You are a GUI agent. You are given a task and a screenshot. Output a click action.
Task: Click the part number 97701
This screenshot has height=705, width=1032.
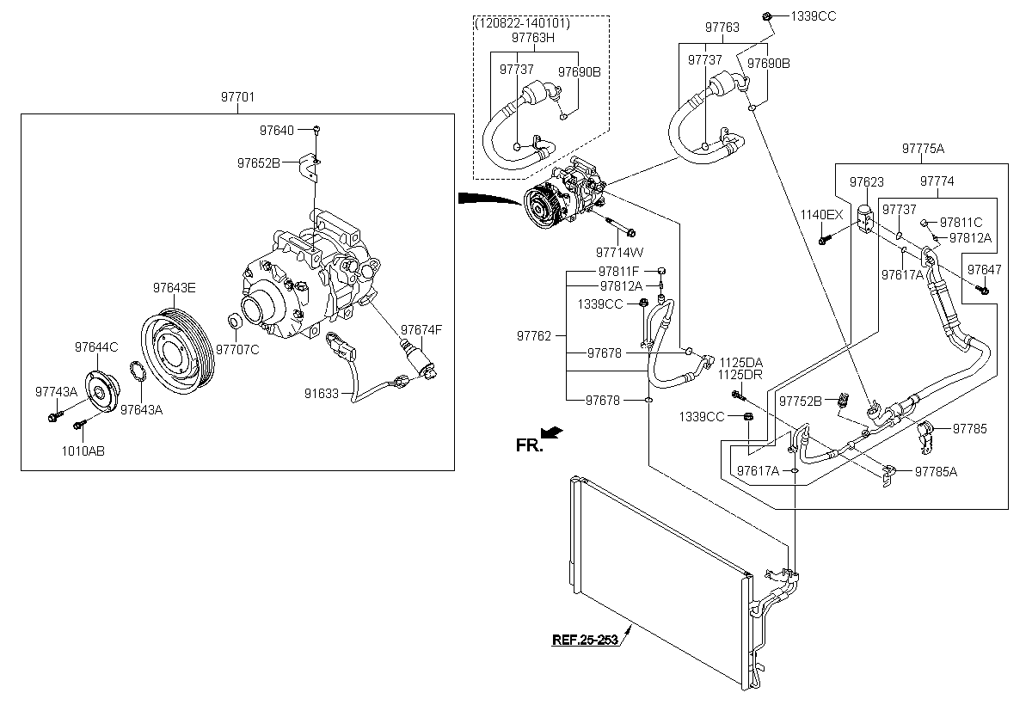(237, 97)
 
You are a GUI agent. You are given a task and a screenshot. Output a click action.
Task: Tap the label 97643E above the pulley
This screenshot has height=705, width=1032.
(174, 288)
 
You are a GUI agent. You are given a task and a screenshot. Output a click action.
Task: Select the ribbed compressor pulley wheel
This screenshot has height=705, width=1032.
(177, 352)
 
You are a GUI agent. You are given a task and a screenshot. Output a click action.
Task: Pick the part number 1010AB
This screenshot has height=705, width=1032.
(83, 451)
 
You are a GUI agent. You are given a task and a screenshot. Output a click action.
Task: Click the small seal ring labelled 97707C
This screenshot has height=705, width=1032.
(235, 321)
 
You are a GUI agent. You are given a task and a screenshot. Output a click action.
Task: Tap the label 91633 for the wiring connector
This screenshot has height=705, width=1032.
(321, 394)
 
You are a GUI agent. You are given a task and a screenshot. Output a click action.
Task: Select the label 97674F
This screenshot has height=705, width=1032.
(421, 329)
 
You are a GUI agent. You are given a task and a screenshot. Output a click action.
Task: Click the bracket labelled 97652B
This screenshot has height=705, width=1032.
(309, 168)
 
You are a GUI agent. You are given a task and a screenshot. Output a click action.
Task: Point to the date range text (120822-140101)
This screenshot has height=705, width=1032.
(521, 23)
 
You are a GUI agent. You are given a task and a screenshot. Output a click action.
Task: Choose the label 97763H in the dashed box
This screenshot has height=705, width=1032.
(533, 38)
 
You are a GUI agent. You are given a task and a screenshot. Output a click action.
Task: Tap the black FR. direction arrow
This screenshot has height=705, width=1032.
(551, 432)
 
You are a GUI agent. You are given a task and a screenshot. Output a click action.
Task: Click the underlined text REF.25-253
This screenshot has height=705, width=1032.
(585, 640)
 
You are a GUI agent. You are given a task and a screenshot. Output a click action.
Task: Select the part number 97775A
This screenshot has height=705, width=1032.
(923, 149)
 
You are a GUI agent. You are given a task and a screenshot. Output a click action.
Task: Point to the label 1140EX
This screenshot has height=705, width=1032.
(821, 215)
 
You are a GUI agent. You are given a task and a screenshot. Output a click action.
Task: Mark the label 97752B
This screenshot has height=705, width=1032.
(801, 402)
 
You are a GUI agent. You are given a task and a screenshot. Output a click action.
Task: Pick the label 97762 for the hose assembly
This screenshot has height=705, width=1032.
(534, 336)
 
